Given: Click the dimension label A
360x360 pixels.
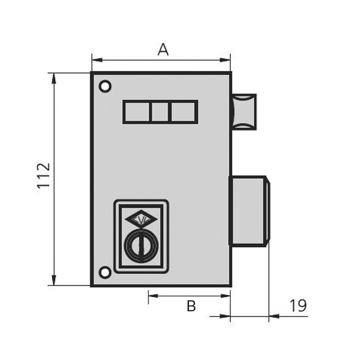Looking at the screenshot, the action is [x=163, y=49].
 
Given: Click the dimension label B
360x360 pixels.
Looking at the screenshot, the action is [x=191, y=306].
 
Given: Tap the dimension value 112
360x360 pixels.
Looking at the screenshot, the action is [x=44, y=175].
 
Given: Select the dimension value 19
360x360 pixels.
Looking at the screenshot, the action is [x=298, y=306].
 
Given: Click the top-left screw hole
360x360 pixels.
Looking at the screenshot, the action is [x=105, y=86].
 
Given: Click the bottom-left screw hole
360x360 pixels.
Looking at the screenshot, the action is [x=105, y=273].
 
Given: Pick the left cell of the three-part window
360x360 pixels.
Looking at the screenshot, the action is [x=137, y=112].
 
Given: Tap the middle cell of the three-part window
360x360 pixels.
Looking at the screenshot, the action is [x=160, y=112].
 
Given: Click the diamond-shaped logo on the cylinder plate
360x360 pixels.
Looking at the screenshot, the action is [x=141, y=219].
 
